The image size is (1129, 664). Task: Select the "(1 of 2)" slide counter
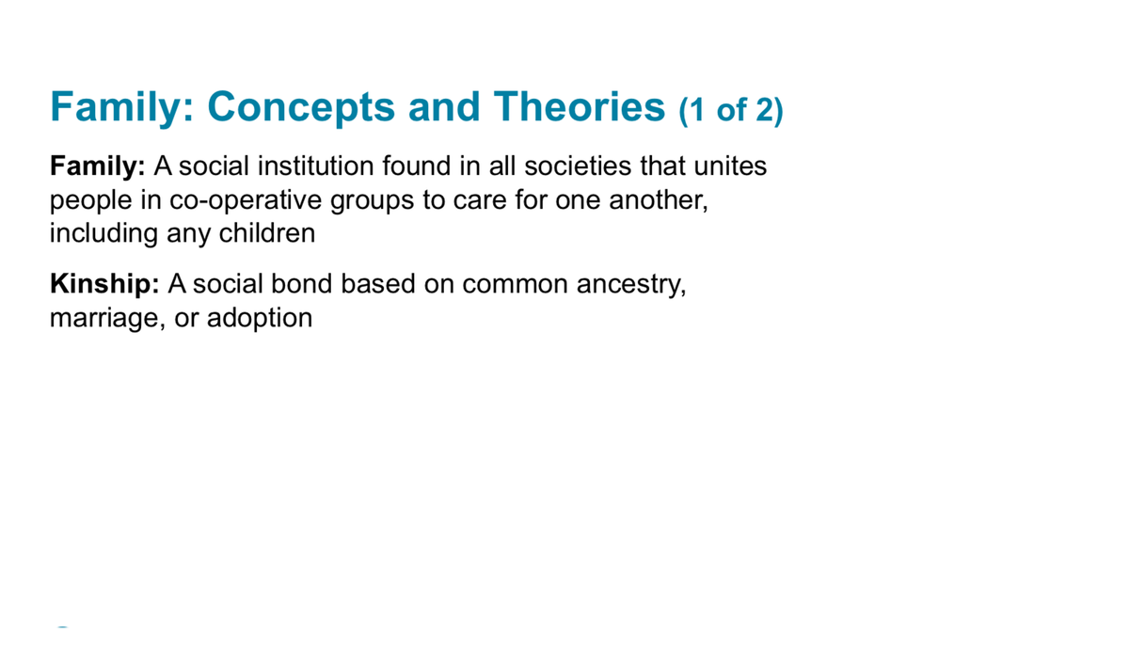click(x=730, y=111)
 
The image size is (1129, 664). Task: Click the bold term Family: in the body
click(x=97, y=167)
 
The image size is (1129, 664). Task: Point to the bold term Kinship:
click(x=104, y=284)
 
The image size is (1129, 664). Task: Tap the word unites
click(x=730, y=167)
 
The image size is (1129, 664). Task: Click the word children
click(x=267, y=233)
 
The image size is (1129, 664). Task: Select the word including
click(x=103, y=233)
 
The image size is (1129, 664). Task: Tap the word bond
click(x=301, y=284)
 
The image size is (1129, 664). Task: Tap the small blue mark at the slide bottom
click(x=63, y=626)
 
